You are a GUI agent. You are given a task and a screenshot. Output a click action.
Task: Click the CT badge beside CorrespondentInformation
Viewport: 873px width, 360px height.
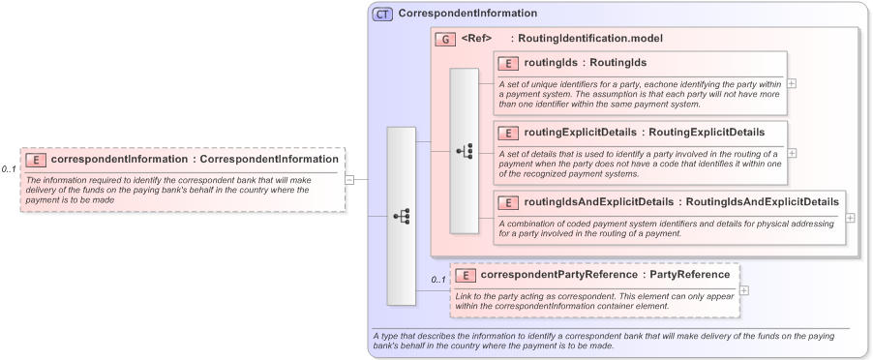(382, 15)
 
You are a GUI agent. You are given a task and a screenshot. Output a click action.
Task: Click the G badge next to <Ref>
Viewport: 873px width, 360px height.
(445, 39)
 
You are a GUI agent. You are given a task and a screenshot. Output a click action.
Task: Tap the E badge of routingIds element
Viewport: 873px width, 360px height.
(507, 64)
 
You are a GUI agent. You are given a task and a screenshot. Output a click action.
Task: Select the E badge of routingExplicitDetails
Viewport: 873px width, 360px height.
(507, 132)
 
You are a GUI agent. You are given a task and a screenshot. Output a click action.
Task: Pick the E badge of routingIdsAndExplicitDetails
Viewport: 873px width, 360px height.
(507, 202)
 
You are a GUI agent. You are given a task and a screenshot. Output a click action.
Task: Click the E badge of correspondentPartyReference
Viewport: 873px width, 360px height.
(465, 275)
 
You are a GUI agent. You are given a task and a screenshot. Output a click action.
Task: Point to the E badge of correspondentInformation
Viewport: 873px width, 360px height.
(35, 159)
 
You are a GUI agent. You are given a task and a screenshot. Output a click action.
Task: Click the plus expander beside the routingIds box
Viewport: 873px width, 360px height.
(792, 83)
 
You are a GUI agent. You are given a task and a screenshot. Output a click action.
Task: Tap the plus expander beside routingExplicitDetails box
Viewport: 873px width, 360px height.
(792, 153)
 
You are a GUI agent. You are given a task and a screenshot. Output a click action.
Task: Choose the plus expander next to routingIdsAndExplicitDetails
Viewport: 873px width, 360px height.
(850, 218)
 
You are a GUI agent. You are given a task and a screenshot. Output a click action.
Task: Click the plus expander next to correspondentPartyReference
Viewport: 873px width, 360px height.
(744, 290)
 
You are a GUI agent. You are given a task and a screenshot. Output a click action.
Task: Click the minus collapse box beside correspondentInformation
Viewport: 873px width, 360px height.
(349, 179)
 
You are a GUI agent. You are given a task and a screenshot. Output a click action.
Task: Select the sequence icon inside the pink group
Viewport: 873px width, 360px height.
(465, 151)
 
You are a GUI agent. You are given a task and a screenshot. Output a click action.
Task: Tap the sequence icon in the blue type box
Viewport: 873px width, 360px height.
(402, 216)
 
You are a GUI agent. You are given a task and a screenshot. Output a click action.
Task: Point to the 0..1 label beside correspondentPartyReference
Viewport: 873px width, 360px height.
(438, 281)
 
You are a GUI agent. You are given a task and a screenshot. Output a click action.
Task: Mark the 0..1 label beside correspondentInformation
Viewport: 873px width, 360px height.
(9, 169)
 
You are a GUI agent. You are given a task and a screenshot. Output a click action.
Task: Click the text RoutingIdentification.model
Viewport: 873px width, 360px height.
(590, 39)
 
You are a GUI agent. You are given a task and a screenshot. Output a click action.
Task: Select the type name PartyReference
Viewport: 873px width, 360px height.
(690, 275)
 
